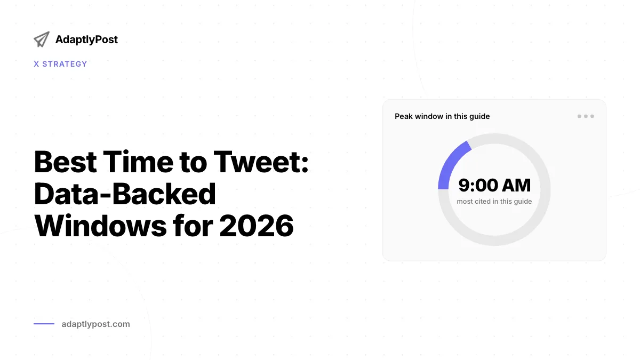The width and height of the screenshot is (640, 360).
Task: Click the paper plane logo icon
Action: tap(42, 39)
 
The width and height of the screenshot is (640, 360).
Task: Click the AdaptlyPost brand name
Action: tap(86, 39)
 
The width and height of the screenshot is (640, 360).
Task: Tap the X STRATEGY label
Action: tap(60, 64)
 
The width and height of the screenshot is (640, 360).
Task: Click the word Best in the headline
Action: tap(66, 162)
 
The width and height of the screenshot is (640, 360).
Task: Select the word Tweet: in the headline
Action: tap(261, 162)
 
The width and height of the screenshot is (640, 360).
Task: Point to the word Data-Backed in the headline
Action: tap(125, 194)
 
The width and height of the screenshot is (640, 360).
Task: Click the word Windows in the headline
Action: tap(100, 226)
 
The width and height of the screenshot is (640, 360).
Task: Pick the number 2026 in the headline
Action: tap(257, 226)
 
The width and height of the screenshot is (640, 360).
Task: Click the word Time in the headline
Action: tap(138, 162)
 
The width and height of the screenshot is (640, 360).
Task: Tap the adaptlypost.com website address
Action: tap(95, 324)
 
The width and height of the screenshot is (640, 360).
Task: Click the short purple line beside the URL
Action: tap(44, 324)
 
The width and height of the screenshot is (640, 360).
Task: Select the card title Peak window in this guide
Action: tap(442, 116)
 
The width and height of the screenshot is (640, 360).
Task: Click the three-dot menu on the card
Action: tap(586, 116)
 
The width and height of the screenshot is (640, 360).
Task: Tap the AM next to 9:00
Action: tap(517, 185)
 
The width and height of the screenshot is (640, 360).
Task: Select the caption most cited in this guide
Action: tap(494, 202)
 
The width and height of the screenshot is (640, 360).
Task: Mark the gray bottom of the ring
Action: tap(494, 241)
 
